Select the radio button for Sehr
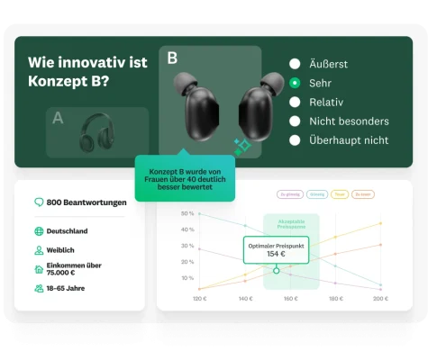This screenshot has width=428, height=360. pyautogui.click(x=295, y=83)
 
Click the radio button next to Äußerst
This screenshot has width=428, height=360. pyautogui.click(x=295, y=64)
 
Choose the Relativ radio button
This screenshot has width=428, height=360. pyautogui.click(x=295, y=102)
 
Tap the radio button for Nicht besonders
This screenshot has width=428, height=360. pyautogui.click(x=295, y=121)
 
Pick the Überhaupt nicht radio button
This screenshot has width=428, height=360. pyautogui.click(x=295, y=139)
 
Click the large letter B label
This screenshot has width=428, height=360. pyautogui.click(x=172, y=58)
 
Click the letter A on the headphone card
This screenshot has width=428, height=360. pyautogui.click(x=59, y=117)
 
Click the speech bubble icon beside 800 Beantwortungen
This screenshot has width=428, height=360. pyautogui.click(x=39, y=202)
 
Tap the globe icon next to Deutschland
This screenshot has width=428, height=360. pyautogui.click(x=39, y=231)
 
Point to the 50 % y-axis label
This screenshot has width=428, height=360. pyautogui.click(x=187, y=213)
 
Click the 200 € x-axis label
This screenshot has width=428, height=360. pyautogui.click(x=380, y=298)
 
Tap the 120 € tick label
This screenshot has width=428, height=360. pyautogui.click(x=199, y=298)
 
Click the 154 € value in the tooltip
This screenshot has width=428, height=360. pyautogui.click(x=276, y=254)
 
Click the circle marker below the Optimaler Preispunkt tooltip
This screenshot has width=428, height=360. pyautogui.click(x=277, y=269)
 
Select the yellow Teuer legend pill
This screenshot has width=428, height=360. pyautogui.click(x=340, y=193)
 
